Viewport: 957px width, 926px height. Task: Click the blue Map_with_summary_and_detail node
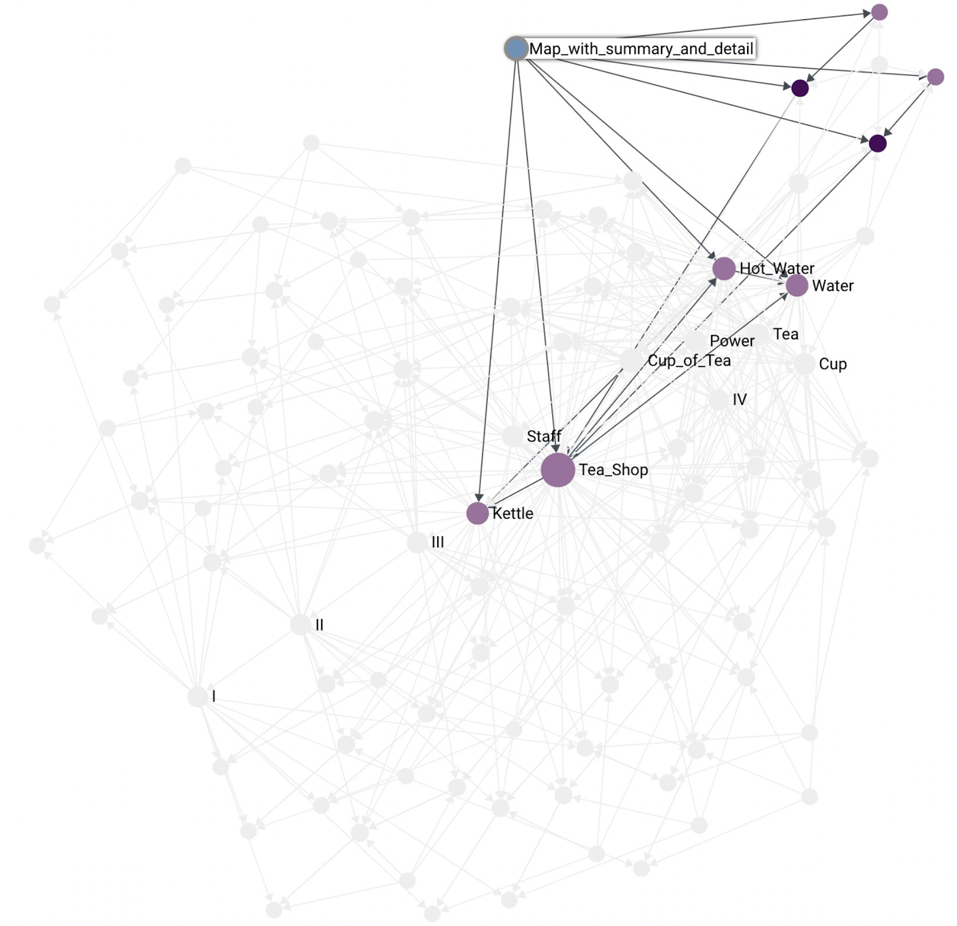coord(516,48)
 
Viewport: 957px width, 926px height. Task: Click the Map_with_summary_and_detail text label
coord(641,48)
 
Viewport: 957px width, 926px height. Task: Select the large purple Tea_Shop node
coord(557,470)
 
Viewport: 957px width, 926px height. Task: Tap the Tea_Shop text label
coord(613,470)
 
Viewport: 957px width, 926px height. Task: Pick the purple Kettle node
coord(477,513)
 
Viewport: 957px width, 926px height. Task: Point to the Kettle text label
coord(513,513)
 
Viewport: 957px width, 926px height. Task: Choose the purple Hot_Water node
coord(724,269)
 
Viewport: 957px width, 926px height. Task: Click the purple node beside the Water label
coord(797,286)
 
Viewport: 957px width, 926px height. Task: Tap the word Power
coord(732,341)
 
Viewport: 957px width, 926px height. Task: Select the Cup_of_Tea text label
coord(689,361)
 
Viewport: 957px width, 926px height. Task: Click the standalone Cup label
coord(833,364)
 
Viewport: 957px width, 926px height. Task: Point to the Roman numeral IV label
coord(740,400)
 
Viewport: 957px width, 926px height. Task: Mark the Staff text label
coord(544,436)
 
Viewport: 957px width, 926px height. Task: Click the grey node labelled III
coord(417,543)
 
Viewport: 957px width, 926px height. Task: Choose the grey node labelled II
coord(300,625)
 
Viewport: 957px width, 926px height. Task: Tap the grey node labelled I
coord(197,696)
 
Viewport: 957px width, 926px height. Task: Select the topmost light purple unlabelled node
coord(879,12)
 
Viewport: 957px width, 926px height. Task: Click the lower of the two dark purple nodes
coord(877,144)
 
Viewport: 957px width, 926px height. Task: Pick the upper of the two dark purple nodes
coord(800,89)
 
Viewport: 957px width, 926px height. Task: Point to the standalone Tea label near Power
coord(785,334)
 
